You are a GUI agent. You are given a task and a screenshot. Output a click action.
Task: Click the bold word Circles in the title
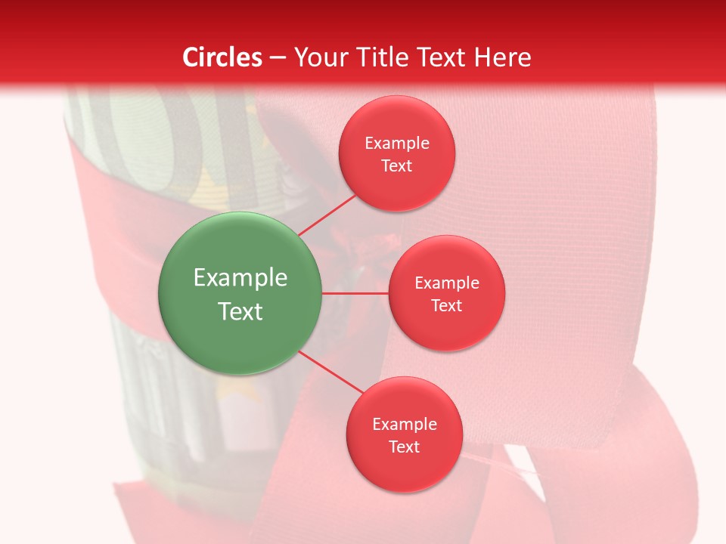click(x=222, y=57)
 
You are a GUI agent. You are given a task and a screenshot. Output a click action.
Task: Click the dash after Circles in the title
click(x=278, y=58)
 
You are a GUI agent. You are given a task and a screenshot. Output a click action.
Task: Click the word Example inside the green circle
click(x=240, y=278)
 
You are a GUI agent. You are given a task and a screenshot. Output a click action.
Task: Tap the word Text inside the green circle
click(x=240, y=311)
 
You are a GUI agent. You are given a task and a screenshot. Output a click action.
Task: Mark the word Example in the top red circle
click(x=396, y=143)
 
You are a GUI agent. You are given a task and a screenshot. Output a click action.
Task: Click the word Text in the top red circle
click(x=396, y=165)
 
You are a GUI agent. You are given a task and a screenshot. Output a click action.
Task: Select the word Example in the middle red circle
click(x=446, y=283)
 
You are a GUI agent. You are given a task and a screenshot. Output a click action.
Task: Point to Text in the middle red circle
click(x=446, y=305)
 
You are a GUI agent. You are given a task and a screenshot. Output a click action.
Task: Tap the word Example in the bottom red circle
click(x=404, y=424)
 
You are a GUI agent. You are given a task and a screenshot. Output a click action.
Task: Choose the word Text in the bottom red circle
click(x=404, y=447)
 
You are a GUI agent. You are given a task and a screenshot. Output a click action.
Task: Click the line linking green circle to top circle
click(x=327, y=215)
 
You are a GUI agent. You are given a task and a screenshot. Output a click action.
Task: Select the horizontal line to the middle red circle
click(x=355, y=293)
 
